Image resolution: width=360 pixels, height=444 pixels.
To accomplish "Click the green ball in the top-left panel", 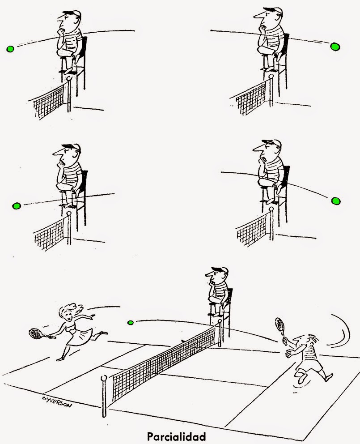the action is pos(10,49).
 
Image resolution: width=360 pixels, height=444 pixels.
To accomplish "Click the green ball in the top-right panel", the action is pos(335,47).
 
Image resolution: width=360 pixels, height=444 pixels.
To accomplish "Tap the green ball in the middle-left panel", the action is pos(17,206).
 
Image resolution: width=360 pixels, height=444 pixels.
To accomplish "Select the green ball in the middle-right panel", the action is pos(336,201).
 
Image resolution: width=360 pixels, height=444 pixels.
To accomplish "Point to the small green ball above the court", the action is pos(131,323).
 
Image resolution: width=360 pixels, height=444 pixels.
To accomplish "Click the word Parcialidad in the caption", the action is pos(176,436).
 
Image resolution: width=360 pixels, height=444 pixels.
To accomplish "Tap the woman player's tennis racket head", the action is pos(35,333).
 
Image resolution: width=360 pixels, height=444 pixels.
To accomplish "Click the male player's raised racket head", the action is pos(280,324).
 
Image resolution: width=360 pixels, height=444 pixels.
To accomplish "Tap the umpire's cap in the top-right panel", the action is pos(274,10).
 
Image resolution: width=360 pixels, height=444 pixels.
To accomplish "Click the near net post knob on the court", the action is pos(104,378).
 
